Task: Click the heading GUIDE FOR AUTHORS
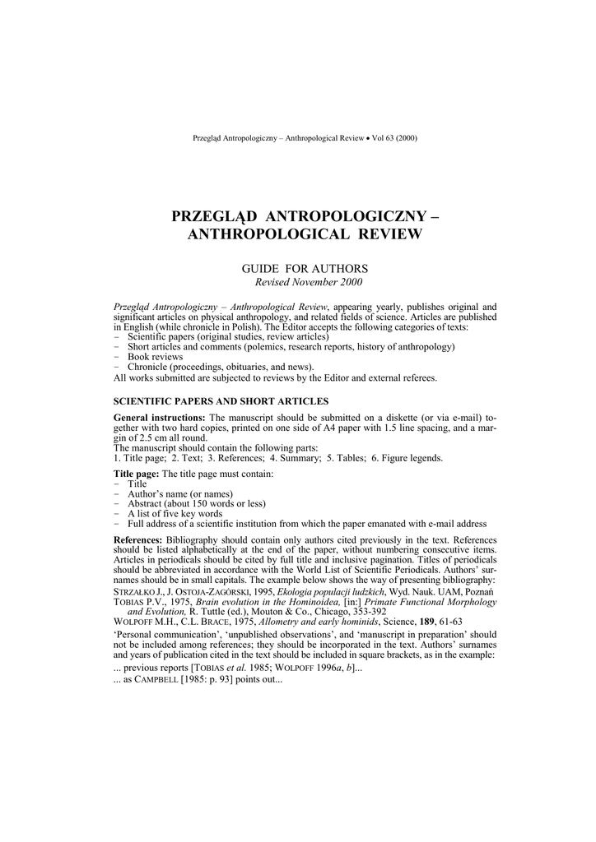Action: tap(304, 269)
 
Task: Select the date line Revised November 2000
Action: tap(304, 282)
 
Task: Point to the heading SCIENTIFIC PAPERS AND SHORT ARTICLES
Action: tap(221, 400)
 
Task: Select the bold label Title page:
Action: tap(136, 475)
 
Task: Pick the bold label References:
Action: tap(139, 539)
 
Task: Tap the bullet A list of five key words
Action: tap(175, 514)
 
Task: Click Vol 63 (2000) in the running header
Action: tap(394, 137)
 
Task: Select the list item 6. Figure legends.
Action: tap(405, 458)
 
